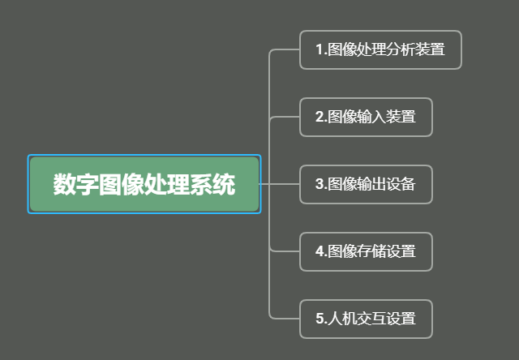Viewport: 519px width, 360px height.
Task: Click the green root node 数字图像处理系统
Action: tap(144, 184)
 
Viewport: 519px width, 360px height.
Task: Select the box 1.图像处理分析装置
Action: tap(380, 49)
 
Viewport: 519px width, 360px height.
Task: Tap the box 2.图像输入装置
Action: tap(366, 117)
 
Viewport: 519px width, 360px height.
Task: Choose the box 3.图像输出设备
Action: tap(366, 184)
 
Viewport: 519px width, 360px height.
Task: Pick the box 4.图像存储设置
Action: tap(366, 251)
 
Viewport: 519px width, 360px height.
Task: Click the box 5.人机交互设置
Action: tap(366, 319)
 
